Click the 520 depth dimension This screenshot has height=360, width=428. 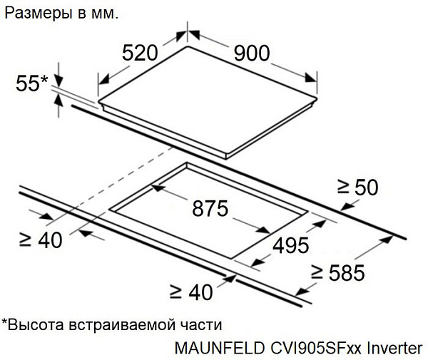click(x=140, y=53)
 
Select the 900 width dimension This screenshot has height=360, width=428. click(x=252, y=53)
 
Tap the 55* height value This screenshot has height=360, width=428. click(x=32, y=83)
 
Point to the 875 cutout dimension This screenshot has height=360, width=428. click(x=210, y=208)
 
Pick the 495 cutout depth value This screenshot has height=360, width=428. click(x=291, y=245)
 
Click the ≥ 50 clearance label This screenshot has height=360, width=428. click(x=358, y=187)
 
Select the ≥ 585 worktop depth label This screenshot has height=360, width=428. click(x=338, y=272)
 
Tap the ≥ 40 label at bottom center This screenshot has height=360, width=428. click(x=191, y=292)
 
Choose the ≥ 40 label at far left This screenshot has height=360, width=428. click(x=41, y=240)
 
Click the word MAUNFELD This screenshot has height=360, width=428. click(x=220, y=349)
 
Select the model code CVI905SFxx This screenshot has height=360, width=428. click(x=316, y=349)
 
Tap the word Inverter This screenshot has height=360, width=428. click(x=394, y=349)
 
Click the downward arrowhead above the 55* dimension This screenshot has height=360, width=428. click(x=58, y=81)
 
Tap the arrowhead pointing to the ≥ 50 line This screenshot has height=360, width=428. click(x=347, y=207)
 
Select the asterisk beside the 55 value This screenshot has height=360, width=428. click(x=44, y=79)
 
